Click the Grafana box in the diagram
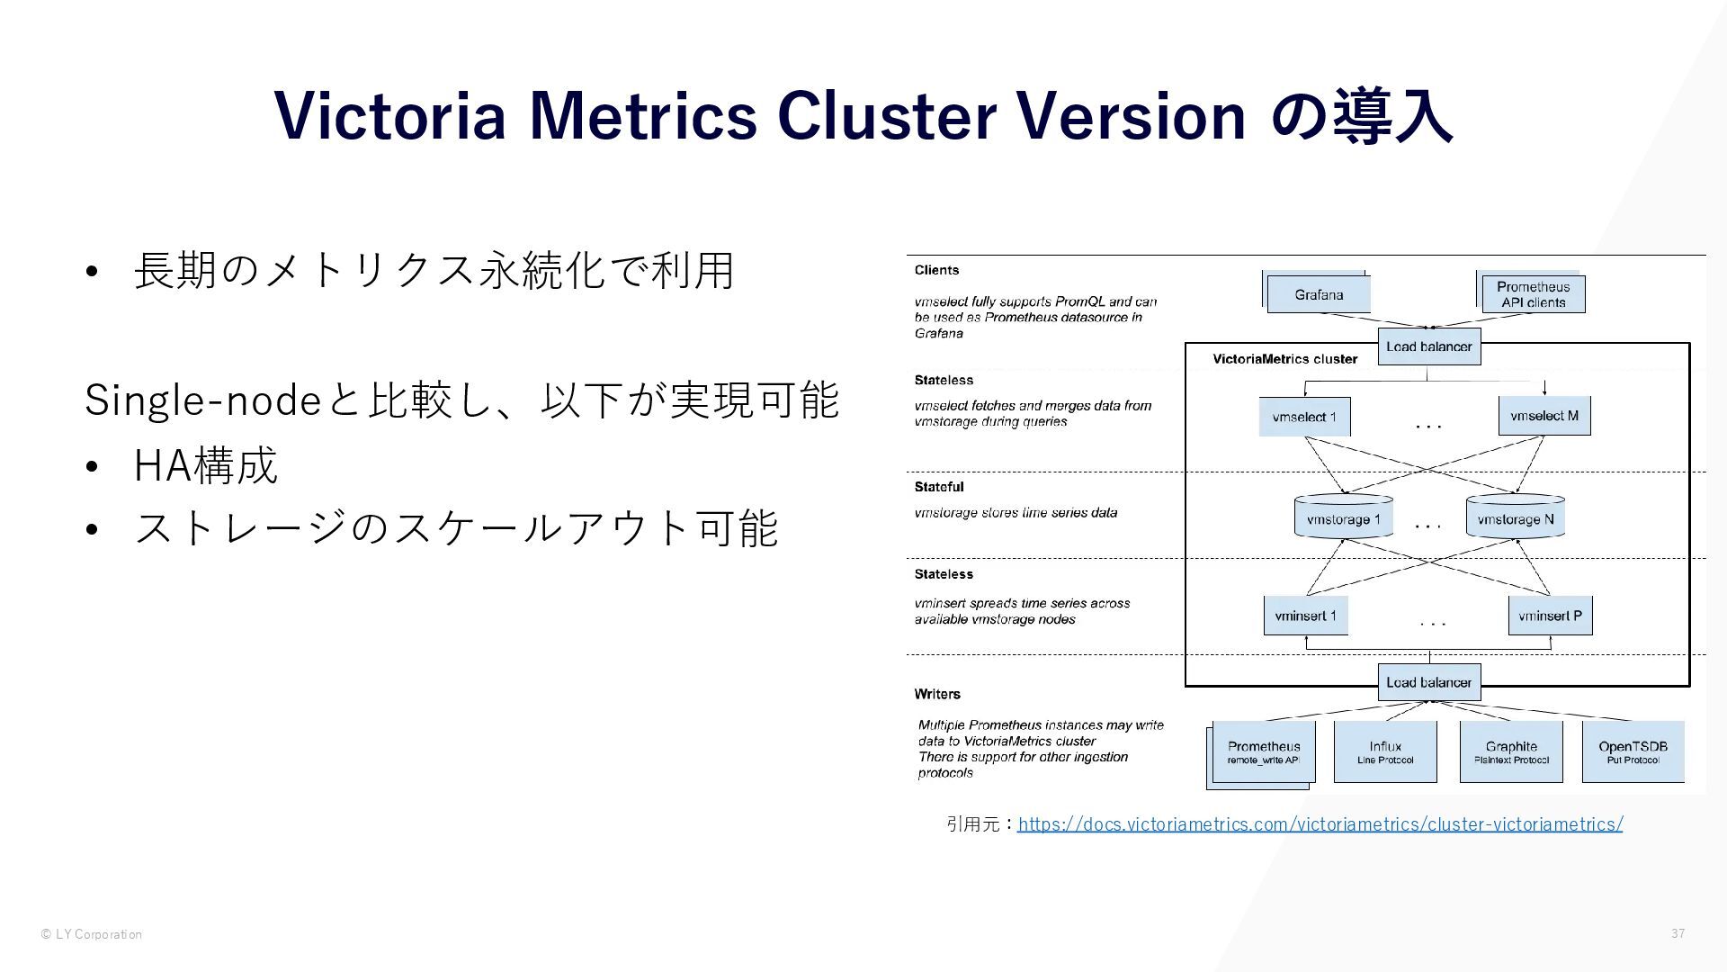(x=1319, y=294)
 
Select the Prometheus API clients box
(x=1533, y=294)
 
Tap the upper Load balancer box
(x=1428, y=346)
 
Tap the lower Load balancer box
(x=1428, y=682)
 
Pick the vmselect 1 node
(x=1304, y=417)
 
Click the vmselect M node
(x=1544, y=416)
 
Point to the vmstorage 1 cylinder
(x=1343, y=518)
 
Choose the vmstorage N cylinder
(x=1516, y=518)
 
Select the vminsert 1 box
(x=1305, y=616)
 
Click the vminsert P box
(x=1550, y=616)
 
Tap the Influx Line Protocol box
(x=1385, y=752)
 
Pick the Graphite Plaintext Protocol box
(x=1511, y=752)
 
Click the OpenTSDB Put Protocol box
(x=1633, y=752)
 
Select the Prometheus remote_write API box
(x=1264, y=752)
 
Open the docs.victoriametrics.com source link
(x=1320, y=823)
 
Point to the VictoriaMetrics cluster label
(x=1284, y=359)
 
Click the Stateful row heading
(x=939, y=487)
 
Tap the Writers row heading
(x=937, y=694)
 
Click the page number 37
(x=1678, y=933)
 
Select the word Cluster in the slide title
(x=886, y=115)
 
